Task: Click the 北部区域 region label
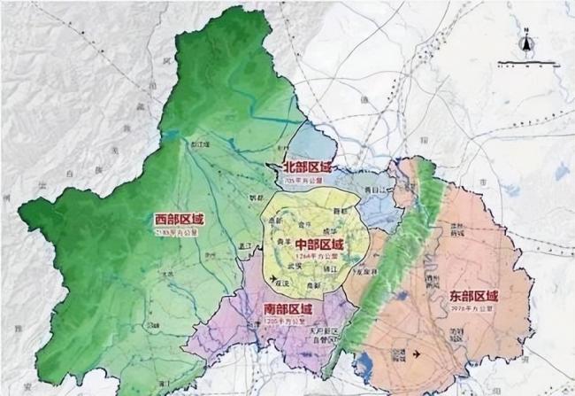point(306,167)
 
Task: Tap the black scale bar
point(527,63)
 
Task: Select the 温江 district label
point(247,244)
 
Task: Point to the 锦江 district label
point(333,264)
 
